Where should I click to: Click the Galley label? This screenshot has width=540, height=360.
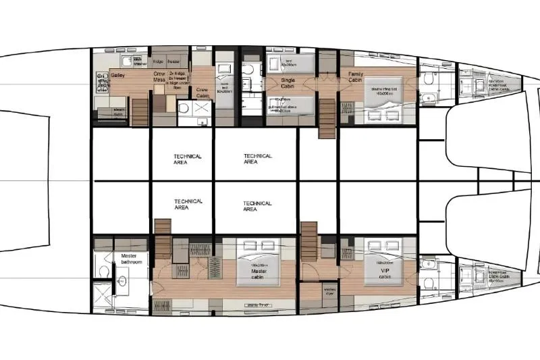point(117,76)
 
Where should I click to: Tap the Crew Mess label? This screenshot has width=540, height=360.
point(159,77)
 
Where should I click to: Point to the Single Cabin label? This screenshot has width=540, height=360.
point(288,82)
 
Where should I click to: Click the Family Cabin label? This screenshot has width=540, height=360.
point(356,76)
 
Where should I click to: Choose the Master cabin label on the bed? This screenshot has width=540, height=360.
point(259,278)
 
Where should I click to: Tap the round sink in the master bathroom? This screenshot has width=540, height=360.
point(122,279)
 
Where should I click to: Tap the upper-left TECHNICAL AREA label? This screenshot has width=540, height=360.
point(188,159)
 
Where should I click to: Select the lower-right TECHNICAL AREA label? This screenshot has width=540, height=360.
point(258,206)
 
